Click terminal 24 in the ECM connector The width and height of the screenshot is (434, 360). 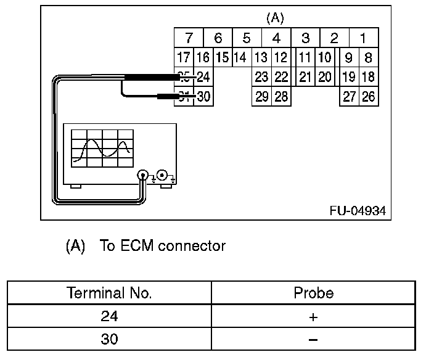click(203, 77)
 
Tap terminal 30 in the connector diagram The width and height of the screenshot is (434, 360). click(203, 96)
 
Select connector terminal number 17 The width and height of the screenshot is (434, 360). click(183, 58)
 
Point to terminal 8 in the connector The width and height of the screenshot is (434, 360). click(368, 58)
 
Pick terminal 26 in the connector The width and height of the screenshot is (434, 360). click(368, 96)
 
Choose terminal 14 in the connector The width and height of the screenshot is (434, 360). click(240, 58)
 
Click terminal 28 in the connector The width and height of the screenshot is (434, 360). click(281, 96)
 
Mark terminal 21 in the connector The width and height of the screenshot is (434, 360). click(305, 77)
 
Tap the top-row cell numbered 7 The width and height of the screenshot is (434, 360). click(189, 38)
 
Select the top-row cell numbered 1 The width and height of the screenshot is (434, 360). click(363, 38)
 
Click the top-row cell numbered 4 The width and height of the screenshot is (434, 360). click(276, 38)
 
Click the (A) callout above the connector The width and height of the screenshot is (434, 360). click(275, 18)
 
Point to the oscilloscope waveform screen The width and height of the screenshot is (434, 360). click(102, 149)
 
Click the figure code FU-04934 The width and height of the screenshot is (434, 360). click(357, 211)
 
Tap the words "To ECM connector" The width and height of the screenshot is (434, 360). click(163, 246)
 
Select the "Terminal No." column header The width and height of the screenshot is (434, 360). click(109, 293)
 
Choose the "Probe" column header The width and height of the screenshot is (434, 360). click(313, 293)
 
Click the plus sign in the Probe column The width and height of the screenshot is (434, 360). click(313, 317)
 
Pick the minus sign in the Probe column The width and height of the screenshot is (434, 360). click(313, 339)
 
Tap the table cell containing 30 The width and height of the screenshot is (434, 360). click(109, 339)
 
